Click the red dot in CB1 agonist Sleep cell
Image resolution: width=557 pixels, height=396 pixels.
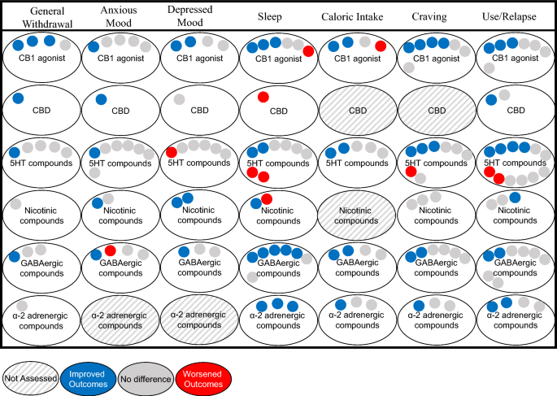tap(309, 51)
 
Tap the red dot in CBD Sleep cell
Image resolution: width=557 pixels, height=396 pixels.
tap(263, 98)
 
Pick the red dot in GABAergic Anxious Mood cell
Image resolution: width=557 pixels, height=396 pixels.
tap(111, 250)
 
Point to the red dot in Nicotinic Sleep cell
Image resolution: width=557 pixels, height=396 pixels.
tap(266, 200)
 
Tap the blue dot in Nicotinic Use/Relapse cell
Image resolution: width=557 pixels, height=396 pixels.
tap(516, 197)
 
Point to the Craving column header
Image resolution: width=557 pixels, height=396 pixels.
tap(437, 16)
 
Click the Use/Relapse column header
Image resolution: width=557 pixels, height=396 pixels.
tap(516, 16)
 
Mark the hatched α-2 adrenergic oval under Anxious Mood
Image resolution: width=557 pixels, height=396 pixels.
tap(120, 319)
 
